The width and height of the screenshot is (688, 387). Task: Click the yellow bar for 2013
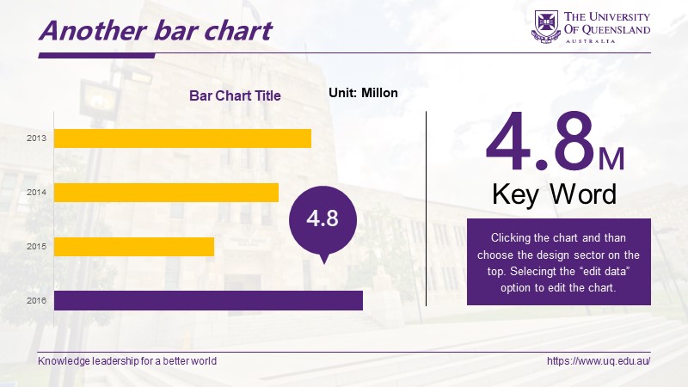[182, 138]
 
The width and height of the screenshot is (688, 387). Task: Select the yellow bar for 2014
[166, 193]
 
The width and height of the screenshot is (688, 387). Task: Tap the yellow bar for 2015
[134, 247]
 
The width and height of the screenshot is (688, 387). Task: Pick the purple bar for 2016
[208, 300]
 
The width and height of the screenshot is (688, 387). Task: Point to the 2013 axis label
[36, 138]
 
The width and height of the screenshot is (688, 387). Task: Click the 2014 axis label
[36, 192]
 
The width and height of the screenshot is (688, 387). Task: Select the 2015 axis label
[36, 247]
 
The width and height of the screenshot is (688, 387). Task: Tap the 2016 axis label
[36, 300]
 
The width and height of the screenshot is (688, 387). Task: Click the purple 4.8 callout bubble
[323, 220]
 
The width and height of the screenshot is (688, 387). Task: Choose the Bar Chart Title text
[235, 95]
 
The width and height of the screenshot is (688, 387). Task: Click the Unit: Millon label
[363, 93]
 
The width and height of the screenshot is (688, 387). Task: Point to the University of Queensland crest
[546, 27]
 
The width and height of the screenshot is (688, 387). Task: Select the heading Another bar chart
[156, 31]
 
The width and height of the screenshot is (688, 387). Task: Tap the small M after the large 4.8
[611, 159]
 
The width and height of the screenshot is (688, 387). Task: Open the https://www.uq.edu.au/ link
[599, 361]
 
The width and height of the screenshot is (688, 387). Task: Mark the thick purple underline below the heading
[96, 56]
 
